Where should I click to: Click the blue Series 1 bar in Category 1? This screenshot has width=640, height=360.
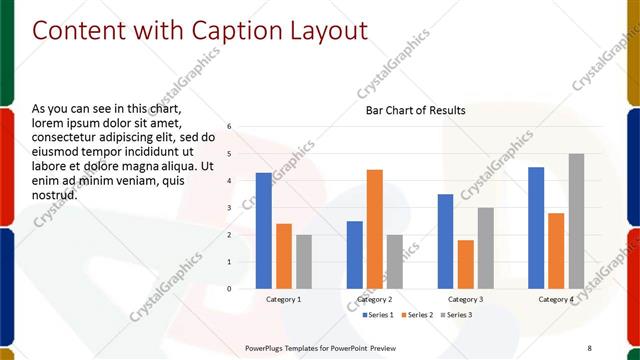click(263, 231)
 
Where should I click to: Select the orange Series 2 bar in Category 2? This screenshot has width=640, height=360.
click(374, 229)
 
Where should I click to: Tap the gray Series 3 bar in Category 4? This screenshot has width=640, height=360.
click(576, 221)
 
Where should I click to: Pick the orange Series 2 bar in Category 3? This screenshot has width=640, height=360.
click(465, 264)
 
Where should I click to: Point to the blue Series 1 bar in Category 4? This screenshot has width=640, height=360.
click(536, 228)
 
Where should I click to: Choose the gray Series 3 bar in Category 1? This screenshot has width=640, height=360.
click(303, 262)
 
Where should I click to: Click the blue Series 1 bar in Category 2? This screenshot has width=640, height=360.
click(354, 255)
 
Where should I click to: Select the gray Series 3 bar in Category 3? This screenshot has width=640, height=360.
click(485, 248)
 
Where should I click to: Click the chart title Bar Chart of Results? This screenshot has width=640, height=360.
click(415, 110)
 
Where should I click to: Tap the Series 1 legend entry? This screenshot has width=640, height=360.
click(376, 315)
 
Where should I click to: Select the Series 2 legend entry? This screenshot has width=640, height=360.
click(416, 315)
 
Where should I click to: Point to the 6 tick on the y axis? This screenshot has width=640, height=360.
click(229, 127)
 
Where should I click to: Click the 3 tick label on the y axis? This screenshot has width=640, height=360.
click(229, 208)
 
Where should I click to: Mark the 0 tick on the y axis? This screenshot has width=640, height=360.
click(229, 289)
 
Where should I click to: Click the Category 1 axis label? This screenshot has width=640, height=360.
click(283, 299)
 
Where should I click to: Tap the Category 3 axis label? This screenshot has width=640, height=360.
click(465, 299)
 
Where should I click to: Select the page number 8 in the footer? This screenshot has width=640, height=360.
click(589, 347)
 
